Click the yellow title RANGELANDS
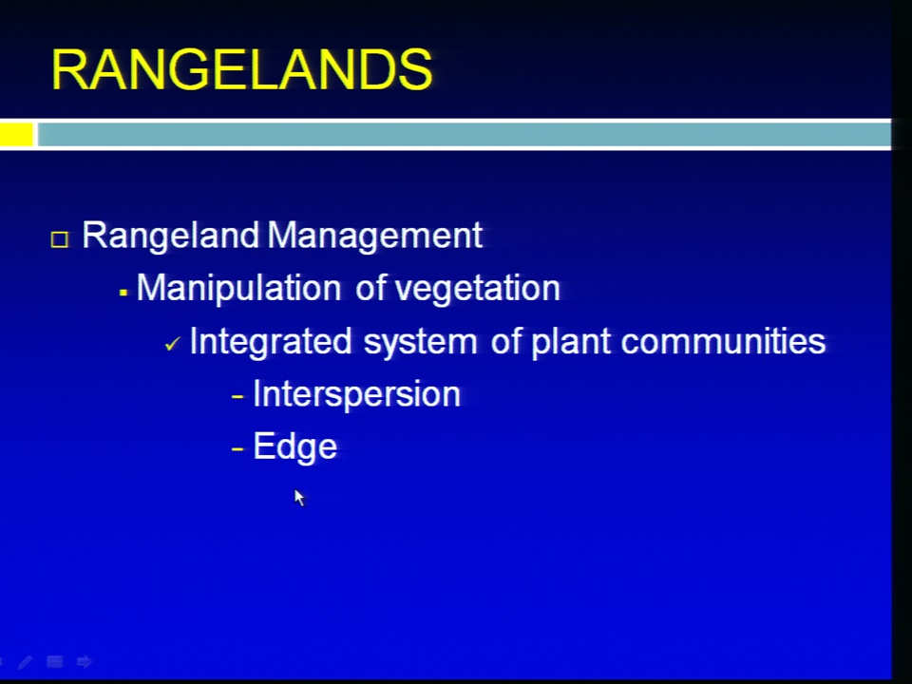tap(242, 69)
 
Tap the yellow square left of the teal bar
tap(16, 134)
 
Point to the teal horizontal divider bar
tap(465, 134)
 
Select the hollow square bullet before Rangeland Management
tap(59, 239)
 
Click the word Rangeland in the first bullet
tap(170, 237)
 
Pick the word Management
tap(374, 235)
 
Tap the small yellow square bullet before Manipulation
tap(123, 294)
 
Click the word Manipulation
tap(238, 289)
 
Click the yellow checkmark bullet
tap(173, 344)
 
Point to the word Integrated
tap(271, 341)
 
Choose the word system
tap(420, 342)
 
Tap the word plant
tap(571, 341)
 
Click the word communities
tap(723, 341)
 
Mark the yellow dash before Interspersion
tap(237, 397)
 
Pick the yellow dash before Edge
tap(237, 449)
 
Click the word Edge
tap(294, 447)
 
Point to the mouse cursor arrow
tap(299, 498)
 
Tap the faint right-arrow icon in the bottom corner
tap(85, 661)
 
